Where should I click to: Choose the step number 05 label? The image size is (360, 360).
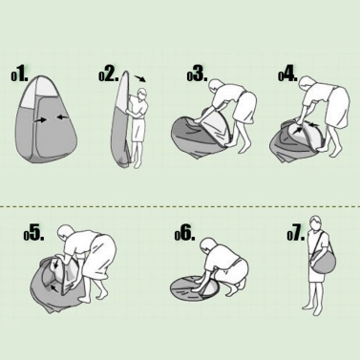[x=33, y=233]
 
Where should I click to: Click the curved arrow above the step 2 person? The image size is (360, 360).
[x=139, y=78]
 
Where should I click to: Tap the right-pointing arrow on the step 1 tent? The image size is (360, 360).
[x=40, y=120]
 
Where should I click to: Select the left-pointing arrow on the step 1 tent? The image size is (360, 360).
[x=63, y=117]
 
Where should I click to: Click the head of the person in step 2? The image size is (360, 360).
[x=142, y=95]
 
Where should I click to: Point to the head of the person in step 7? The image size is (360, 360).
[x=315, y=222]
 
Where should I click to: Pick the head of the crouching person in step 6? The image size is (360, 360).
[x=208, y=244]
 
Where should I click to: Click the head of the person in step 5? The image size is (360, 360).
[x=66, y=233]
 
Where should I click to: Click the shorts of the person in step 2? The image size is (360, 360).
[x=138, y=130]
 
